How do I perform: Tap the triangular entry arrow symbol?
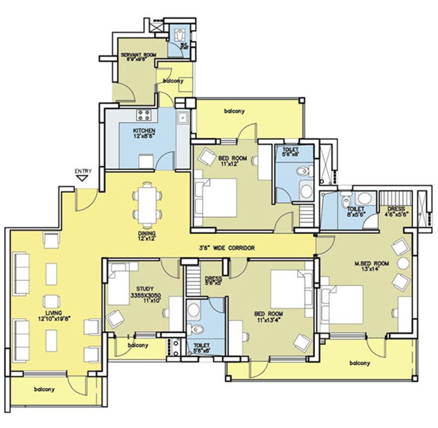83,178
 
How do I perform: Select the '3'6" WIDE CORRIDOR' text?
227,248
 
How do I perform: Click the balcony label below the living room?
44,389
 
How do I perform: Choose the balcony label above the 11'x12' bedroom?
234,111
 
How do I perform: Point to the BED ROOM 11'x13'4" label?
269,317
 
